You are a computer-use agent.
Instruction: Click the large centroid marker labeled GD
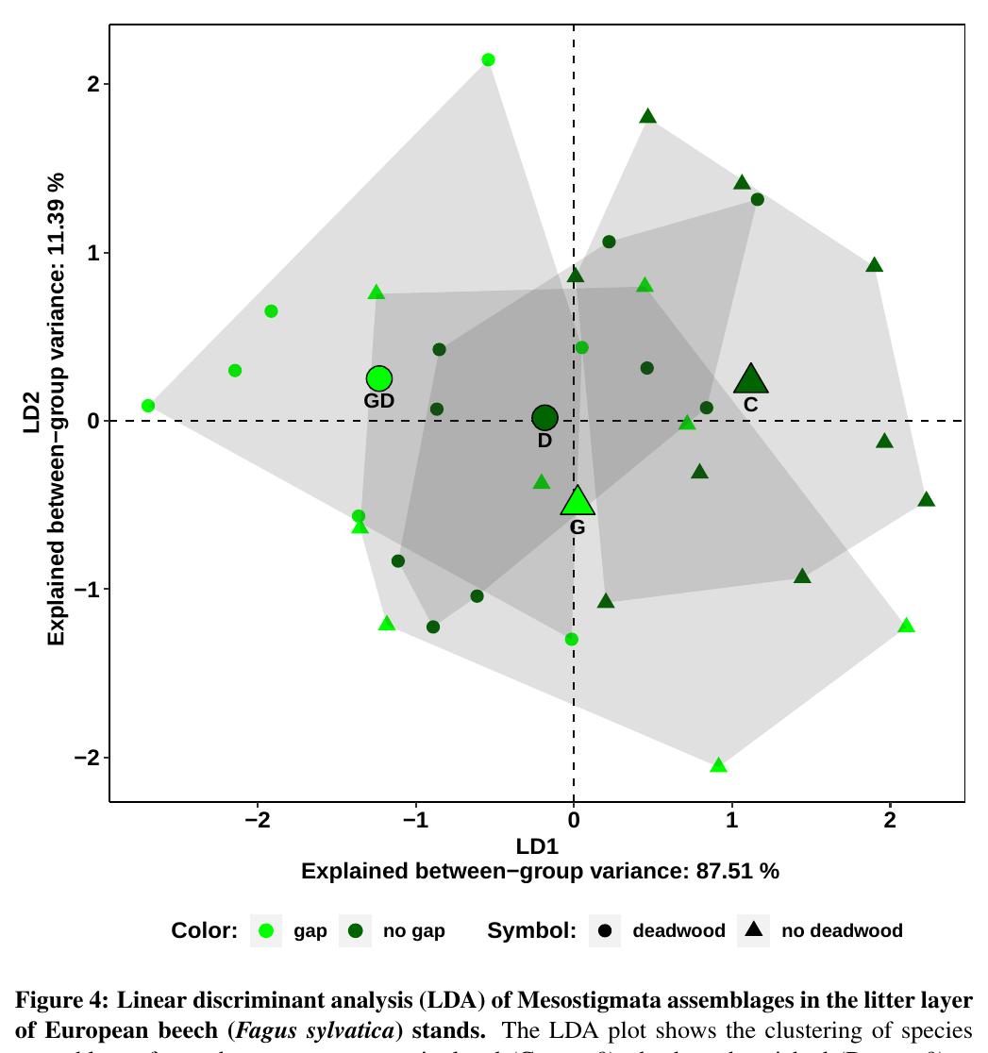378,378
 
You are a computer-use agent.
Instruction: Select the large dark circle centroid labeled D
544,417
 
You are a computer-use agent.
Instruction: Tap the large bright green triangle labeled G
578,502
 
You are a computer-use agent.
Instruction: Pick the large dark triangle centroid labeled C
750,380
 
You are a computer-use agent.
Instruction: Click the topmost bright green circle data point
488,60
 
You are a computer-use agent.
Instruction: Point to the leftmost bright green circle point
148,406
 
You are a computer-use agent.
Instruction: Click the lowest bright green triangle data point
718,765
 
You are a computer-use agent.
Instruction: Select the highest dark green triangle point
647,116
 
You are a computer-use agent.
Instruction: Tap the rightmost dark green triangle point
926,499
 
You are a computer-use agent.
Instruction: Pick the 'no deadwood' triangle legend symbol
753,931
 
